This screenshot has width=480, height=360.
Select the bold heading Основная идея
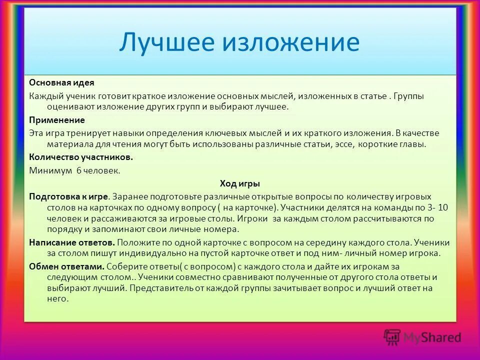click(x=61, y=82)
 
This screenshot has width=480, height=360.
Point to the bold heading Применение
click(x=56, y=120)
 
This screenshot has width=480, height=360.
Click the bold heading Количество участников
click(x=80, y=157)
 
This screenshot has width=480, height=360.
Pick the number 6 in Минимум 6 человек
click(x=78, y=170)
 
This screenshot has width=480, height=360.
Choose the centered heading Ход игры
click(x=240, y=183)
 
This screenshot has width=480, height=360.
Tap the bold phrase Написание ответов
click(x=72, y=242)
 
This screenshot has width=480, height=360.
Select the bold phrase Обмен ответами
click(x=66, y=265)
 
